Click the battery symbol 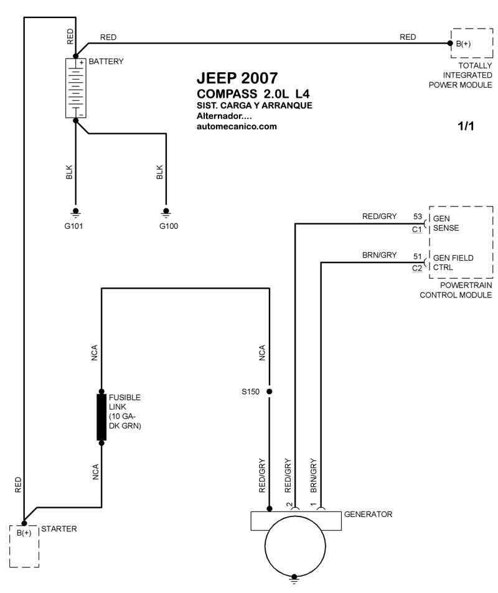(x=76, y=88)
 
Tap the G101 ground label (x=73, y=226)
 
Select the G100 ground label (x=169, y=226)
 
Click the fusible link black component (x=101, y=417)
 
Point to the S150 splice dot (x=270, y=391)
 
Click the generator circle (x=295, y=546)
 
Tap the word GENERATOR (x=368, y=515)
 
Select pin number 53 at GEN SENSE (x=418, y=217)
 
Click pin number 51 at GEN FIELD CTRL (x=418, y=256)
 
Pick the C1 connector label (x=416, y=230)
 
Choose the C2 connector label (x=416, y=269)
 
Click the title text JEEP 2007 (x=237, y=78)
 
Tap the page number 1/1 (x=466, y=126)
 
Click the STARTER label (x=59, y=529)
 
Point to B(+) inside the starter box (x=24, y=533)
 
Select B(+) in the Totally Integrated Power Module (x=463, y=44)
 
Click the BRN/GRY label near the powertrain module (x=379, y=255)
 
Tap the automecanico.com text (x=237, y=127)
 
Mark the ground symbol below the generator (x=294, y=580)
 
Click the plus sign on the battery (x=82, y=62)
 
